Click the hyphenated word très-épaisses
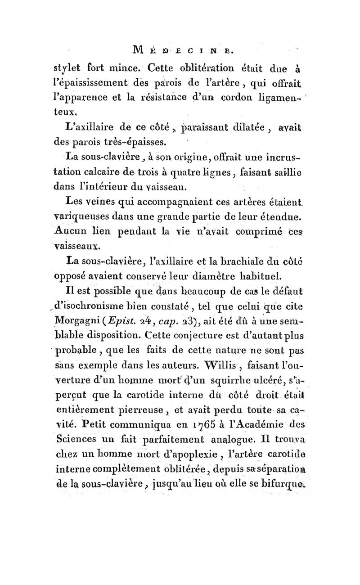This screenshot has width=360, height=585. click(127, 144)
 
